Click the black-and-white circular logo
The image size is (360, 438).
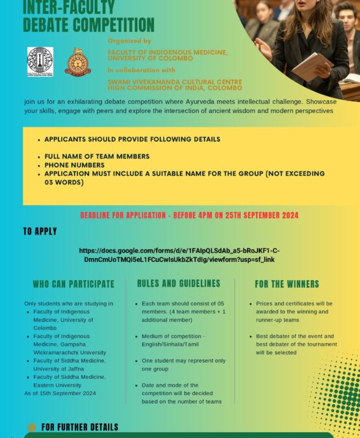pos(40,62)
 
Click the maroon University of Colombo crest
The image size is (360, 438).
pos(78,62)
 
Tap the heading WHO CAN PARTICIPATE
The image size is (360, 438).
pos(73,284)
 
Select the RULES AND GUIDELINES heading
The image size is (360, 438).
pos(179,283)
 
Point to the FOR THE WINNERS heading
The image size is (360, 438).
pos(287,284)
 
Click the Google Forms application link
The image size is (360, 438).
pos(179,255)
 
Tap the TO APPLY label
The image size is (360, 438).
pos(40,231)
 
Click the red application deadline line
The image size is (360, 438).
pos(189,215)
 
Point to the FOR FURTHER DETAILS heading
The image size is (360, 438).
pos(80,427)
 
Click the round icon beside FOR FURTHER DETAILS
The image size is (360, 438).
pos(32,428)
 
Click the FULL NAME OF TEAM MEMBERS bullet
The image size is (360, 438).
pos(97,157)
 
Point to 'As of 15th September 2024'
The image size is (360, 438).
pos(60,393)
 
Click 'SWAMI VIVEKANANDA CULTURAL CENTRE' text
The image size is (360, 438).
pos(174,81)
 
